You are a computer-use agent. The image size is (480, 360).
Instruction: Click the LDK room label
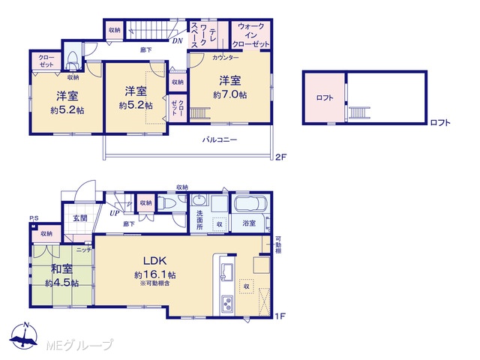pos(155,261)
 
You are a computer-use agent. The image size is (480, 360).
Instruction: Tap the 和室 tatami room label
pos(61,269)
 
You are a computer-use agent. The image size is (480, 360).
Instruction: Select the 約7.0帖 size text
pos(230,95)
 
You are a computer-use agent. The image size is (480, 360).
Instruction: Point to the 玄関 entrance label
pos(80,218)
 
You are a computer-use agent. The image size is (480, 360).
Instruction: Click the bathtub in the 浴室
pos(251,204)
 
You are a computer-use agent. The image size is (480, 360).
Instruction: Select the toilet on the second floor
pos(73,60)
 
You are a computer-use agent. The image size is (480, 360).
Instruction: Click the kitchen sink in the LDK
pos(226,270)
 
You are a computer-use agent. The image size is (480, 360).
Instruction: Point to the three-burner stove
pos(226,304)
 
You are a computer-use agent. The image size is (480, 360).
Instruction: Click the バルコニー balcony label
pos(220,140)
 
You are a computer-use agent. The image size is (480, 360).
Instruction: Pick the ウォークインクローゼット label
pos(250,35)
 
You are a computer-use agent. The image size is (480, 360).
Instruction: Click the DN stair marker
pos(177,40)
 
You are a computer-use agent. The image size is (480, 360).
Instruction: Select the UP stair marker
pos(115,213)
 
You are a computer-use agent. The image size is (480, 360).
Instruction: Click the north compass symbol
pos(25,336)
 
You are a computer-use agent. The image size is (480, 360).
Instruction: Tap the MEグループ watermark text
pos(79,345)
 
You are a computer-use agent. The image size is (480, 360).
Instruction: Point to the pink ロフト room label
pos(325,98)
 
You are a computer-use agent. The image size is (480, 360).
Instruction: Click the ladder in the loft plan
pos(359,112)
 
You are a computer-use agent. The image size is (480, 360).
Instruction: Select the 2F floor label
pos(280,157)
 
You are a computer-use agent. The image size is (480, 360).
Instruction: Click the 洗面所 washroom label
pos(199,220)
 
